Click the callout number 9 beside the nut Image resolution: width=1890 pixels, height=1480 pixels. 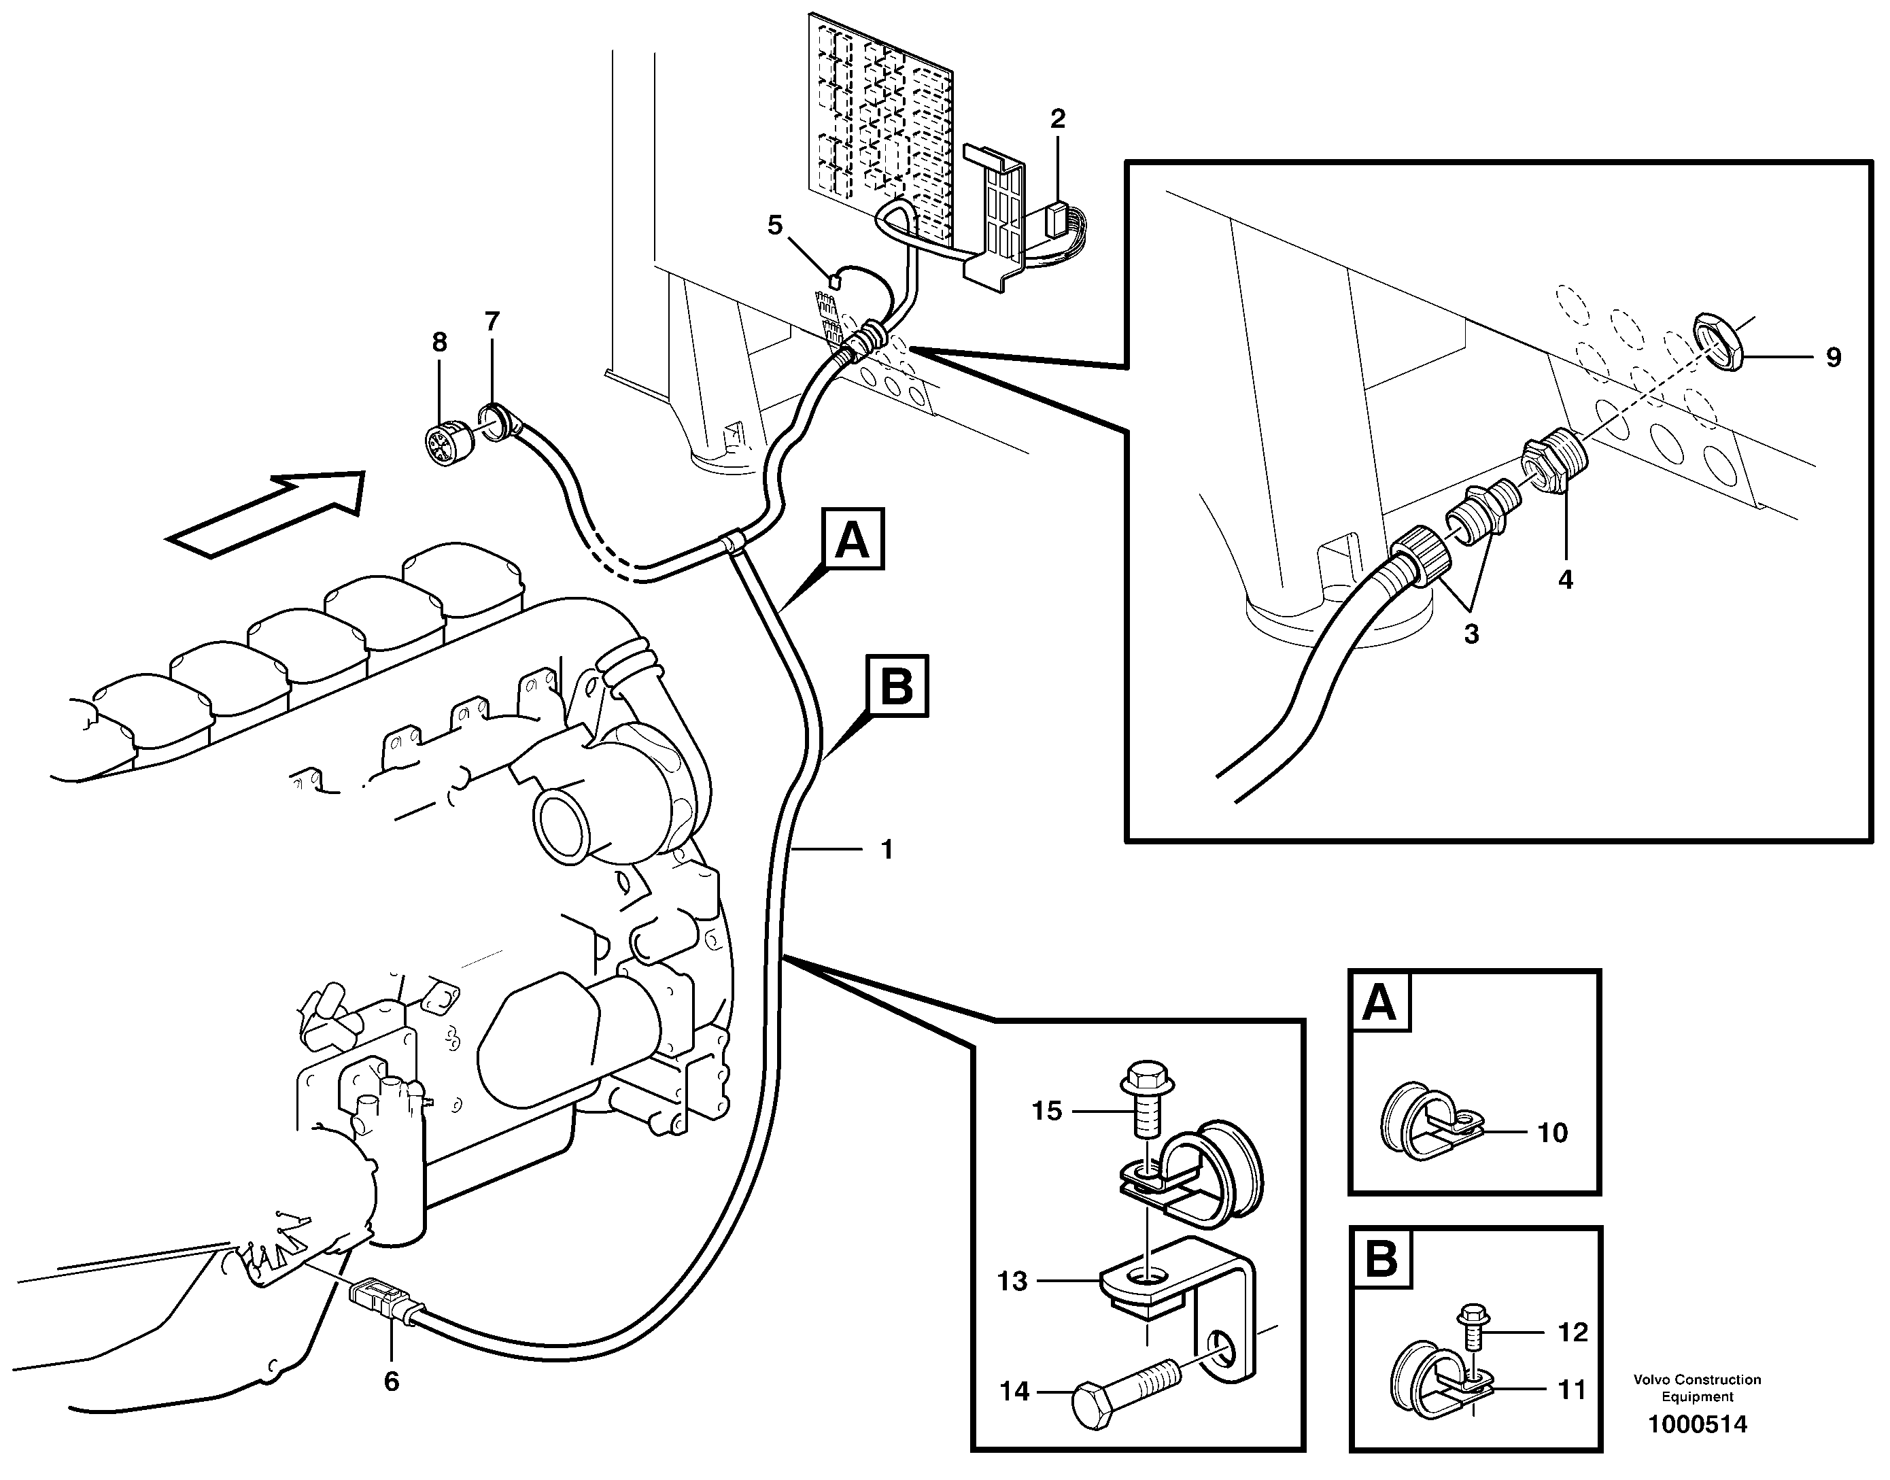[1833, 358]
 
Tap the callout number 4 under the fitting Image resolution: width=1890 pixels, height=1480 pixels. [1565, 580]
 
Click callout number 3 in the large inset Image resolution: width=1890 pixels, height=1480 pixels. [1471, 634]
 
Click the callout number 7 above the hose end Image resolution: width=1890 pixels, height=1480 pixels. [492, 322]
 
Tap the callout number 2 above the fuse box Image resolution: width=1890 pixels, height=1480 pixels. [1057, 119]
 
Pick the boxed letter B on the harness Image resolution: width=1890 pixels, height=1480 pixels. [897, 686]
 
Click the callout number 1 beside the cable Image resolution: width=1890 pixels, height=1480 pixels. [887, 850]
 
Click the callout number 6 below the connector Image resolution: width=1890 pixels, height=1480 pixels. [391, 1382]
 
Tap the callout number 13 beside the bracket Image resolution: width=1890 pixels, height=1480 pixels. [1012, 1281]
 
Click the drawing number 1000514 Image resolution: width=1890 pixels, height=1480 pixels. [1698, 1424]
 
